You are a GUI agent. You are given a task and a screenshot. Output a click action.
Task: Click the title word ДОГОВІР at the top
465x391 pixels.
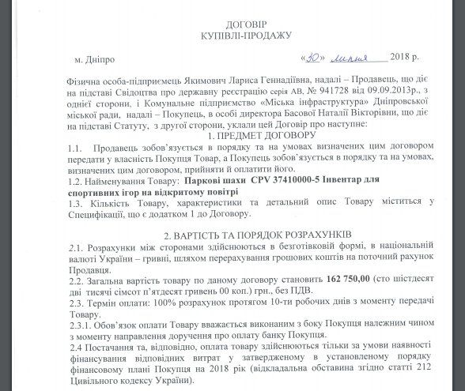point(233,24)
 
